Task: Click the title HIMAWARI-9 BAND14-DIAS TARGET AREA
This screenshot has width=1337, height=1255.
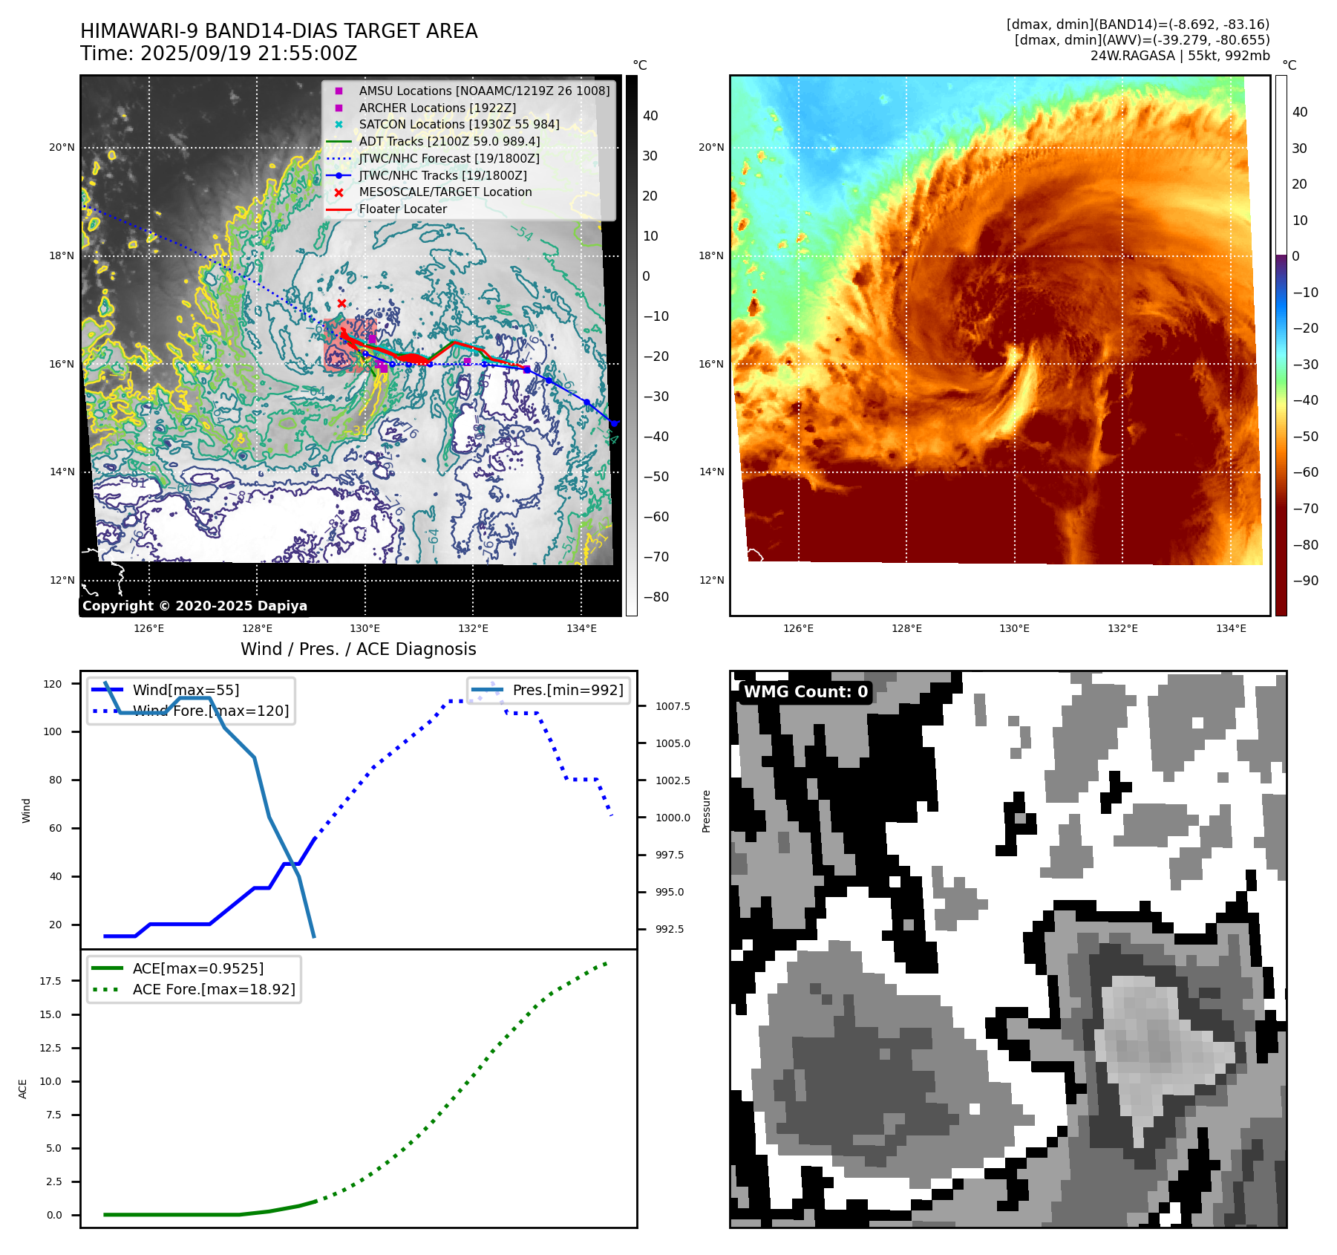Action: click(x=278, y=31)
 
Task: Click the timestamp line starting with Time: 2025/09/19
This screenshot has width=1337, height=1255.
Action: click(x=218, y=54)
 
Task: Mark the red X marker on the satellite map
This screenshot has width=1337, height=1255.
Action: click(x=341, y=303)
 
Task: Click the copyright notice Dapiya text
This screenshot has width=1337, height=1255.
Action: click(x=194, y=606)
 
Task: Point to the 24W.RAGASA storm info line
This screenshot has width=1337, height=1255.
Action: click(x=1180, y=56)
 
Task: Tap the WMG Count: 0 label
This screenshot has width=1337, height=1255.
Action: click(x=805, y=692)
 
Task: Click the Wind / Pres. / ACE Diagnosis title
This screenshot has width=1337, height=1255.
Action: click(x=358, y=649)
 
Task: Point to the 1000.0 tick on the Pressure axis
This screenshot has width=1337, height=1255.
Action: click(x=672, y=818)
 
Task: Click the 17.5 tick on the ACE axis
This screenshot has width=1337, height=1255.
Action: click(x=50, y=981)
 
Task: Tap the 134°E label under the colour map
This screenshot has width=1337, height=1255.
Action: click(x=1231, y=629)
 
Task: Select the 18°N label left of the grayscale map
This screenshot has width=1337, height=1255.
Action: click(x=62, y=256)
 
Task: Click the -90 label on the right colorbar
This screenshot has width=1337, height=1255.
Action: click(x=1305, y=581)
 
